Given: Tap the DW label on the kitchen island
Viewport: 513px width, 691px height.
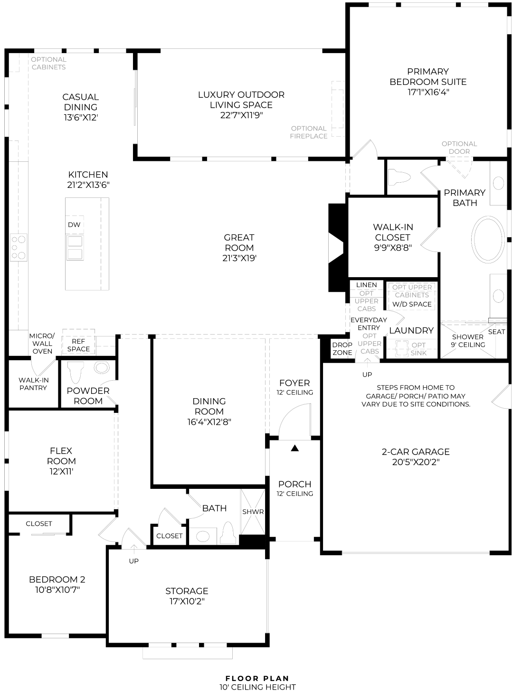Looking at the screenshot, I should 74,224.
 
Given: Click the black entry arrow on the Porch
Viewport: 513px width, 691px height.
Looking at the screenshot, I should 294,448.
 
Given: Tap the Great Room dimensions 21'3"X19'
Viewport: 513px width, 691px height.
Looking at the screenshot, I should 239,258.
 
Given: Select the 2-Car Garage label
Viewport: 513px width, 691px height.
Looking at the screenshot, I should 416,452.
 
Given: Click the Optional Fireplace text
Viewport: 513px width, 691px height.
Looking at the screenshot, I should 309,132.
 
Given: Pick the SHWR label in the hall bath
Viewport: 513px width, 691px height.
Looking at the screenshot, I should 253,512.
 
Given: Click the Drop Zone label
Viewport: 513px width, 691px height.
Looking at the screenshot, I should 342,348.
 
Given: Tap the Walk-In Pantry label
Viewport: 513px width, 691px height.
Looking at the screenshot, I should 33,384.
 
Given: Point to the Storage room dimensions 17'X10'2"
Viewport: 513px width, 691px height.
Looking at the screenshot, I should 187,601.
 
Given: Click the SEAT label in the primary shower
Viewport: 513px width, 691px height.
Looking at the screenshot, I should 496,332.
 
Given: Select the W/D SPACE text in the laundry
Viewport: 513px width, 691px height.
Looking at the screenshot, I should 412,304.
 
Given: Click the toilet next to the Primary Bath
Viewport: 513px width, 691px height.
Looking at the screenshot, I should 399,178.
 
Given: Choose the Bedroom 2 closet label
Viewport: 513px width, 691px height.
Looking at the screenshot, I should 39,523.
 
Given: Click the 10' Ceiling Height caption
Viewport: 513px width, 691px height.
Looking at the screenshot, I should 257,686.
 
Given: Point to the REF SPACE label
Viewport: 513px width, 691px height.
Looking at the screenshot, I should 78,345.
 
